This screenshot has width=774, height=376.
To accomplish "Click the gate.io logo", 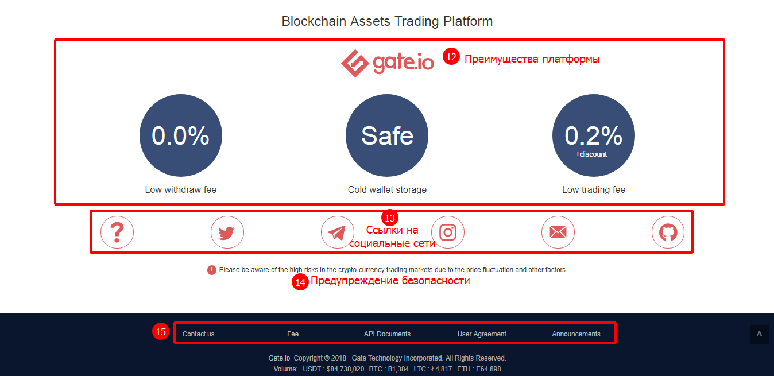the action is pyautogui.click(x=388, y=63).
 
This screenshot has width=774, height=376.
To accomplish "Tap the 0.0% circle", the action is pyautogui.click(x=181, y=135).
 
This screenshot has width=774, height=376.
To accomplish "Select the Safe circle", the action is pyautogui.click(x=387, y=135).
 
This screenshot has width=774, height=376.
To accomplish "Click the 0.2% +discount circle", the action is pyautogui.click(x=593, y=135).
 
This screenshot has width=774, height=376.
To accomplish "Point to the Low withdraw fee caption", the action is pyautogui.click(x=181, y=190).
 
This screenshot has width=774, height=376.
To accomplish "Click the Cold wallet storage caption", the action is pyautogui.click(x=387, y=190).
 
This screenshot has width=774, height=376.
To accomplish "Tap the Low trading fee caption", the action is pyautogui.click(x=594, y=190).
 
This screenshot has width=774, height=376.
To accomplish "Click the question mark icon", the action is pyautogui.click(x=117, y=232).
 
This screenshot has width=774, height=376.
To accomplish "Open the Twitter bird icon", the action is pyautogui.click(x=227, y=232).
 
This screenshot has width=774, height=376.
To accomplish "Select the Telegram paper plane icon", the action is pyautogui.click(x=337, y=232).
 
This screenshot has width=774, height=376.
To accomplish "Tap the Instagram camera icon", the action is pyautogui.click(x=448, y=232).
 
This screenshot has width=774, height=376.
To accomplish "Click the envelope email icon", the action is pyautogui.click(x=558, y=232).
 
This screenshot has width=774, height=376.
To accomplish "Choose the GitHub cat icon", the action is pyautogui.click(x=668, y=232).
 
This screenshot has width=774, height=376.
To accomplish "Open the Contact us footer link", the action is pyautogui.click(x=198, y=334).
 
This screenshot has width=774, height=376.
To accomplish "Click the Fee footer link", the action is pyautogui.click(x=293, y=334).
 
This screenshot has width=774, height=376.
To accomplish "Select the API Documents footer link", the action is pyautogui.click(x=387, y=334).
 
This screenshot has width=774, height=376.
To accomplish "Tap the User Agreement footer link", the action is pyautogui.click(x=482, y=334).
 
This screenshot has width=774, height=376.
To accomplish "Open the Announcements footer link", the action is pyautogui.click(x=576, y=334).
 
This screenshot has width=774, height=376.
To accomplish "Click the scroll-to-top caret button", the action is pyautogui.click(x=759, y=334).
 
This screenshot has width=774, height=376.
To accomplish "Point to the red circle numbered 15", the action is pyautogui.click(x=161, y=331).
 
